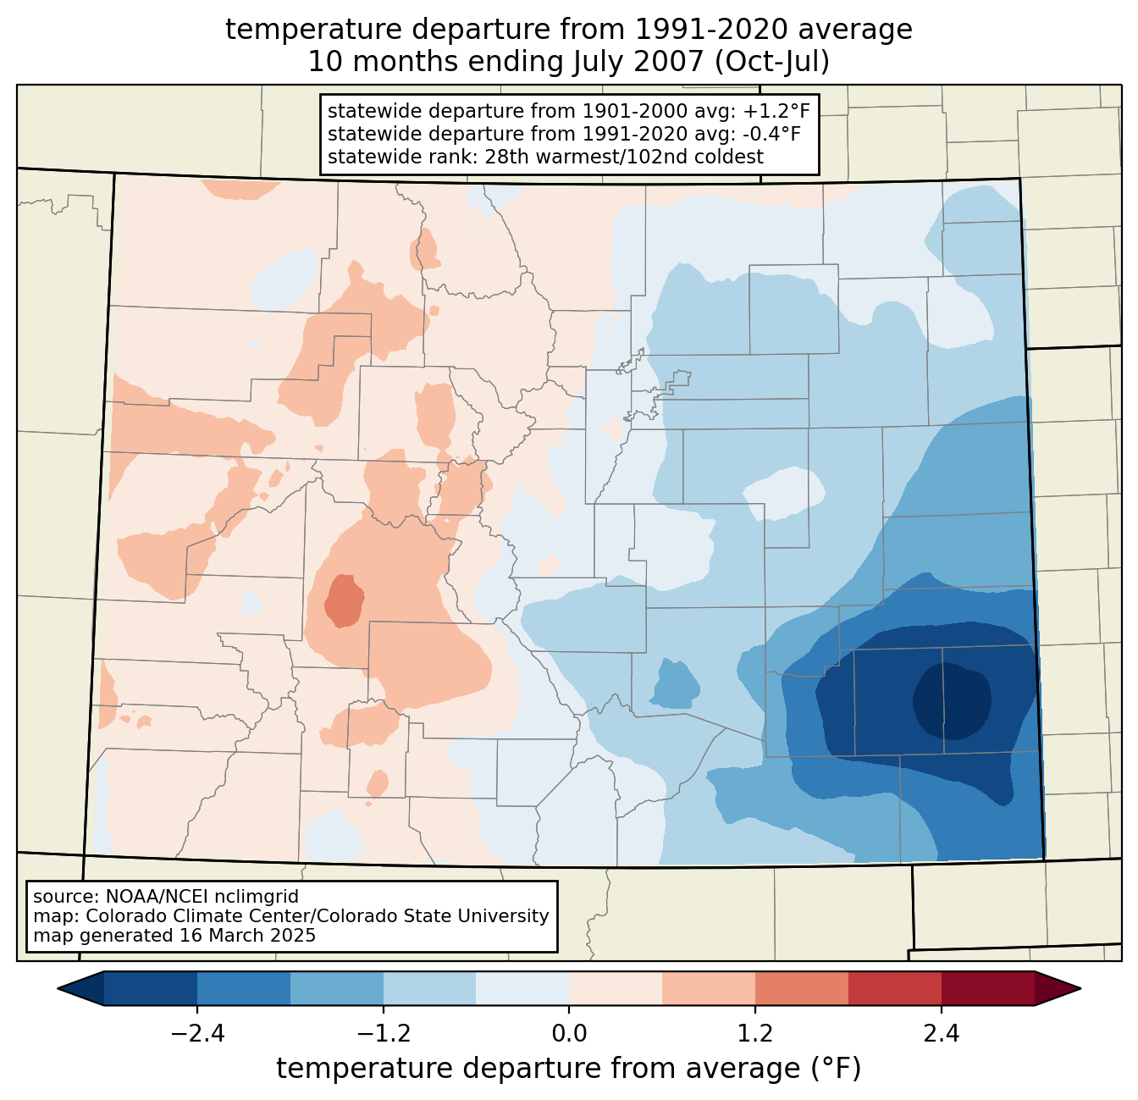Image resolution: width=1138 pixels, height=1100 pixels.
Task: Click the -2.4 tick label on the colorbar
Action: (197, 1034)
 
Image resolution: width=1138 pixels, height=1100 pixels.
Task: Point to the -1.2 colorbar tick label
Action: (384, 1034)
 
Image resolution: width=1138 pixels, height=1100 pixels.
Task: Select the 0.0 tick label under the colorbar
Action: (569, 1034)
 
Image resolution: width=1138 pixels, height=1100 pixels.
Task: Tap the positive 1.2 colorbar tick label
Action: (755, 1034)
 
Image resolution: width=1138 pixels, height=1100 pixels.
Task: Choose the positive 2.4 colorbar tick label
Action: (941, 1034)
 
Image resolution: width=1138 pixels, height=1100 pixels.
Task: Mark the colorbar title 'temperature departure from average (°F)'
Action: (568, 1069)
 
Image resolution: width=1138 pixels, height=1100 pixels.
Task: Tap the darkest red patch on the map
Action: (345, 600)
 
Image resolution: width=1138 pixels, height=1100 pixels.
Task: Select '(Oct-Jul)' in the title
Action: (772, 62)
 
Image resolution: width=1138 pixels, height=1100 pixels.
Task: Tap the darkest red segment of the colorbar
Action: (988, 989)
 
